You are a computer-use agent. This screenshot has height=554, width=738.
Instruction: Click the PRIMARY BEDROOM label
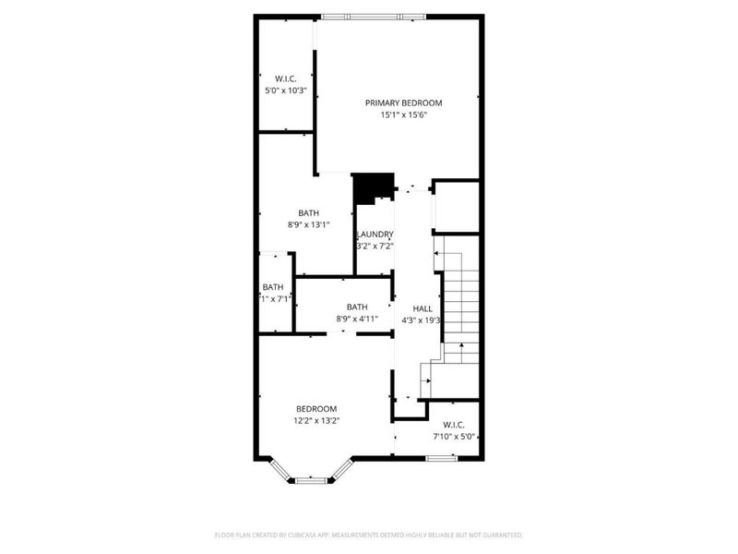click(403, 102)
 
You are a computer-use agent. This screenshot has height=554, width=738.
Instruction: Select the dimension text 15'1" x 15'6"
click(403, 115)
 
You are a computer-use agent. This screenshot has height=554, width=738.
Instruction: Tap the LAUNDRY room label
click(376, 235)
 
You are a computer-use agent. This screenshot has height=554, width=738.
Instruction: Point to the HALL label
click(423, 308)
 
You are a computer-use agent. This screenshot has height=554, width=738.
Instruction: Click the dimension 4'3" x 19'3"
click(423, 320)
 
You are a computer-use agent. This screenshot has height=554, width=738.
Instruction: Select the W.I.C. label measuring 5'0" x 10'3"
click(285, 78)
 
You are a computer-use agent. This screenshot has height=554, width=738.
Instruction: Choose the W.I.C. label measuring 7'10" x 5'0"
click(454, 425)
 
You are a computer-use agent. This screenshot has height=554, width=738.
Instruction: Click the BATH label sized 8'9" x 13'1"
click(308, 212)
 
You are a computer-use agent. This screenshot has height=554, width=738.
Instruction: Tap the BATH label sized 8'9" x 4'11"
click(357, 307)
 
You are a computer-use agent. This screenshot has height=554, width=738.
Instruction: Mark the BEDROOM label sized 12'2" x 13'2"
click(315, 409)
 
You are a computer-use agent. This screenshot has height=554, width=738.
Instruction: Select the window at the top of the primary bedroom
click(373, 16)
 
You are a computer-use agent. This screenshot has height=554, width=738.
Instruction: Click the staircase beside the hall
click(458, 305)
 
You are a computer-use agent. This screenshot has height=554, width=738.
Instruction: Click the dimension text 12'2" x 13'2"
click(315, 422)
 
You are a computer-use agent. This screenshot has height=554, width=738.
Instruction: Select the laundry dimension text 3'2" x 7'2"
click(376, 247)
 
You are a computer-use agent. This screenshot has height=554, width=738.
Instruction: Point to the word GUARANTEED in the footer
click(499, 536)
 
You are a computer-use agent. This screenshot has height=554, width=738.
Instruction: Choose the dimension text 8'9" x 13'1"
click(308, 224)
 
